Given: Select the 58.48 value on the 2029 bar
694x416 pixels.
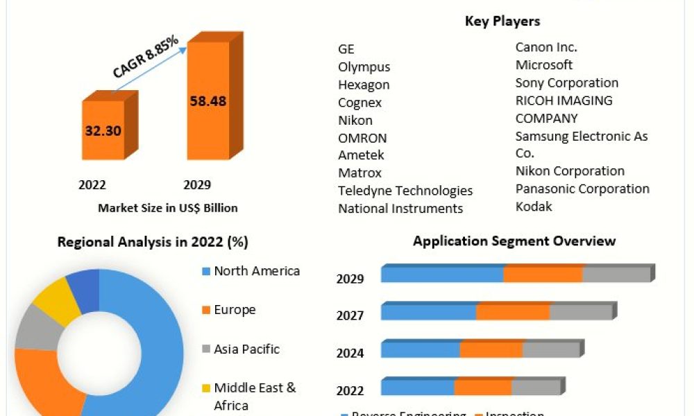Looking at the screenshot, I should tap(208, 101).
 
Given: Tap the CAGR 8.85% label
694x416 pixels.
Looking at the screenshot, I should tap(146, 57).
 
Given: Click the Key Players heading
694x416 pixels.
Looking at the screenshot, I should tap(502, 21).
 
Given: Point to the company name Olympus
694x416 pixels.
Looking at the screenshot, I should tap(364, 67).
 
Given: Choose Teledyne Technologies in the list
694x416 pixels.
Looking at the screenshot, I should tap(405, 191).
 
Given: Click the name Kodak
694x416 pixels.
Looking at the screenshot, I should tap(534, 207).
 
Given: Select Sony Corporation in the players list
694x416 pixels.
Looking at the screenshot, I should tap(566, 83).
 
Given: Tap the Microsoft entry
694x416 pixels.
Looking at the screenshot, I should tap(544, 65).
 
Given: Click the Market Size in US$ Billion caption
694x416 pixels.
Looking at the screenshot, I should tap(168, 207).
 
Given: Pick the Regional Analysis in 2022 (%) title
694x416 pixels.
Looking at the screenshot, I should tap(153, 242).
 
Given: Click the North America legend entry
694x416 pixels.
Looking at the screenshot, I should tap(256, 271).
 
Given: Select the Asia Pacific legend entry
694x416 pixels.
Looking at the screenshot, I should tap(246, 349).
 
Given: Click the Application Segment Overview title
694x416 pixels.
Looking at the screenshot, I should tap(514, 241).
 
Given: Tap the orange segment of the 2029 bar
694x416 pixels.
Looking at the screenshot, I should tap(543, 275).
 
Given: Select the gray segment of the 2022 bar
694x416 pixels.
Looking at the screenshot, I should tap(535, 388).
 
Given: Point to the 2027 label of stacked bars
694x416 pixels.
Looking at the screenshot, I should tap(350, 316).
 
